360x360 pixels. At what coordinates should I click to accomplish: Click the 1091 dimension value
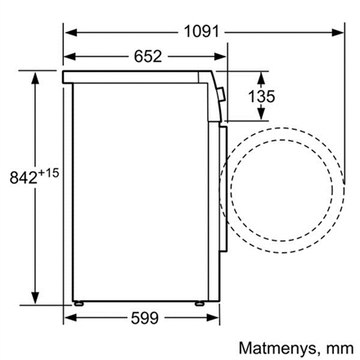click(x=201, y=31)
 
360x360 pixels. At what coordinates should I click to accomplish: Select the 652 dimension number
click(x=148, y=56)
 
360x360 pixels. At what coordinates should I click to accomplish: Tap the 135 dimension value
click(x=261, y=97)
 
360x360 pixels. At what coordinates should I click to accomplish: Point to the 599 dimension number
click(x=145, y=317)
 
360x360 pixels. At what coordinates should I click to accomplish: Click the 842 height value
click(x=24, y=178)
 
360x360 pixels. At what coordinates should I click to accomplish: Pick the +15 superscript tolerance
click(x=48, y=173)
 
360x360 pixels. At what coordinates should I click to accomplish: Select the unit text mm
click(x=340, y=349)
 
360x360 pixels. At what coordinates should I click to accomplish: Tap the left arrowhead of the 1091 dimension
click(x=70, y=33)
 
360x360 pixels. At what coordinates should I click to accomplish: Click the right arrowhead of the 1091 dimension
click(x=337, y=33)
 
